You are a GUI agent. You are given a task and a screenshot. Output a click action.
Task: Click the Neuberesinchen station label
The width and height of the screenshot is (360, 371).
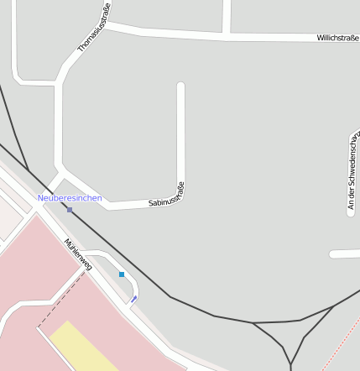click(x=70, y=198)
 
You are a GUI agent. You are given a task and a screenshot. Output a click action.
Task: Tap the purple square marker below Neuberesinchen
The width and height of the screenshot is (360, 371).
click(x=70, y=210)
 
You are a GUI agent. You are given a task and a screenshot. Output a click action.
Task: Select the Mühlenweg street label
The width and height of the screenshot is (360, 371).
click(x=77, y=254)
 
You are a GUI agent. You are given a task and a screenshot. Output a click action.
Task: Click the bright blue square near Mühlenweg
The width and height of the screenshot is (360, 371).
click(x=122, y=274)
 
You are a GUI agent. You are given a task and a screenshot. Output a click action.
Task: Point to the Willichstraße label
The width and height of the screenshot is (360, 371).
click(x=337, y=38)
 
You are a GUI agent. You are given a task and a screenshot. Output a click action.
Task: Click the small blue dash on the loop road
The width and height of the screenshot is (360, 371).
click(x=134, y=299)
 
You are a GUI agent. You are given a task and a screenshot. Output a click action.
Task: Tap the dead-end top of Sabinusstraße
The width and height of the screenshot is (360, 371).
click(x=180, y=86)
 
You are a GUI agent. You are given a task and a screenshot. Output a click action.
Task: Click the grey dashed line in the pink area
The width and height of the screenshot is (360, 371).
click(x=63, y=299)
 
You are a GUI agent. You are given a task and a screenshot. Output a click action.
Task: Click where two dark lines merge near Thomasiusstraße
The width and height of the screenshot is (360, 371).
click(x=27, y=170)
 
